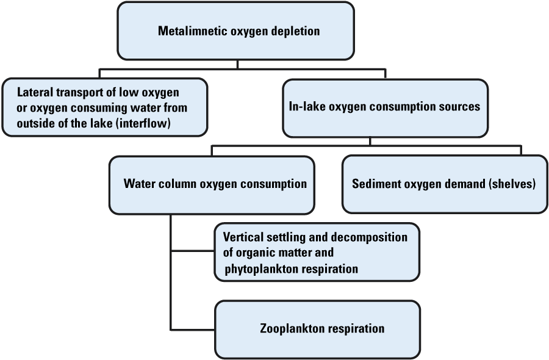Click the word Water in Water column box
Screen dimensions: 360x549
(138, 184)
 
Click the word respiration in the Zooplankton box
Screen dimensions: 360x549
(356, 328)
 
